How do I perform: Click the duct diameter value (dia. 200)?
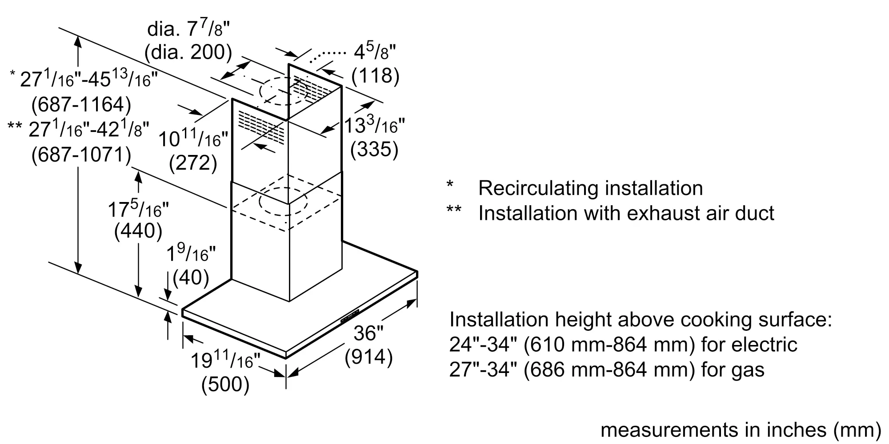click(188, 53)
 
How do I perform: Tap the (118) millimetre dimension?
click(375, 76)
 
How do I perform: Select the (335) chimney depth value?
click(374, 149)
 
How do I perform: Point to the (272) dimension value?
click(193, 163)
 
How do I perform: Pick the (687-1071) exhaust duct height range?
click(81, 155)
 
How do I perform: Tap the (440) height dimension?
click(138, 231)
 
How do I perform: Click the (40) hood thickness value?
click(191, 277)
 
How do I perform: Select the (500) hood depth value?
click(225, 385)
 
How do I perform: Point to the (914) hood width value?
click(368, 357)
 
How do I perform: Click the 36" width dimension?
click(368, 333)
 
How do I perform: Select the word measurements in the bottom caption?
click(669, 430)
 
